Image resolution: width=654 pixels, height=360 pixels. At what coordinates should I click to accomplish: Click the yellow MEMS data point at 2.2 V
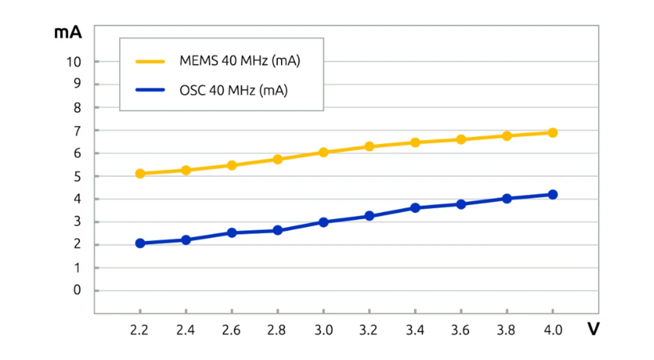(x=140, y=174)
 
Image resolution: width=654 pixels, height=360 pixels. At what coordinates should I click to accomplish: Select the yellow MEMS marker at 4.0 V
(x=552, y=133)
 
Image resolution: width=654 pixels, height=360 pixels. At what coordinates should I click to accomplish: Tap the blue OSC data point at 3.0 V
(x=323, y=222)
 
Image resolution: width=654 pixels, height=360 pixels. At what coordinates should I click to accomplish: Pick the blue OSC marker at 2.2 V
(x=140, y=243)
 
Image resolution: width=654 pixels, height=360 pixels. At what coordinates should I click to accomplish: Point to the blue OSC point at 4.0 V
(x=552, y=195)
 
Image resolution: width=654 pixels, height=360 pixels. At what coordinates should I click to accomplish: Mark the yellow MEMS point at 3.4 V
(x=415, y=142)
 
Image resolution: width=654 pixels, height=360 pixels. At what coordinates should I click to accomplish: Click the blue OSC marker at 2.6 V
(x=231, y=233)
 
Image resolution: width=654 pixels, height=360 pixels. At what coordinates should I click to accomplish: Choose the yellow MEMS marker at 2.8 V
(x=277, y=159)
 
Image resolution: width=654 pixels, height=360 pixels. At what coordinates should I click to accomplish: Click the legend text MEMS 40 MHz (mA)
(x=240, y=61)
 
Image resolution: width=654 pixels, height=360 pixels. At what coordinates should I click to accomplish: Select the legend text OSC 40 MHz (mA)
(x=233, y=90)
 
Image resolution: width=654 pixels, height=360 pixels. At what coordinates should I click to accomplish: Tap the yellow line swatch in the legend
(x=150, y=62)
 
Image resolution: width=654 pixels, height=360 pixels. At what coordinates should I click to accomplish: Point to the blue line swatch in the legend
(x=150, y=90)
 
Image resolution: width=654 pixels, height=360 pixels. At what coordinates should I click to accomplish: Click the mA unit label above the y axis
(x=68, y=32)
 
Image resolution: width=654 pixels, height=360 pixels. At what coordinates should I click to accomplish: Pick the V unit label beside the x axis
(x=593, y=329)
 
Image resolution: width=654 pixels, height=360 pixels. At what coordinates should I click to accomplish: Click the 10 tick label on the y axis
(x=74, y=62)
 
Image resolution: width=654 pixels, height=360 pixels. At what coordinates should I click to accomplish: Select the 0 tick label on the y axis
(x=77, y=291)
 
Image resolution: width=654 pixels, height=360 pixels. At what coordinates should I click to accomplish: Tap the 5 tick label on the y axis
(x=77, y=176)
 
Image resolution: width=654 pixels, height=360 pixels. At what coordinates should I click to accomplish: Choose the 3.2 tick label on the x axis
(x=369, y=330)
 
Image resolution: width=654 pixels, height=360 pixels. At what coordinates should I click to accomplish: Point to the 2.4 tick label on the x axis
(x=185, y=330)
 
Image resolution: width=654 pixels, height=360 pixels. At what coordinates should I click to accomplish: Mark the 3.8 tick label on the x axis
(x=506, y=330)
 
